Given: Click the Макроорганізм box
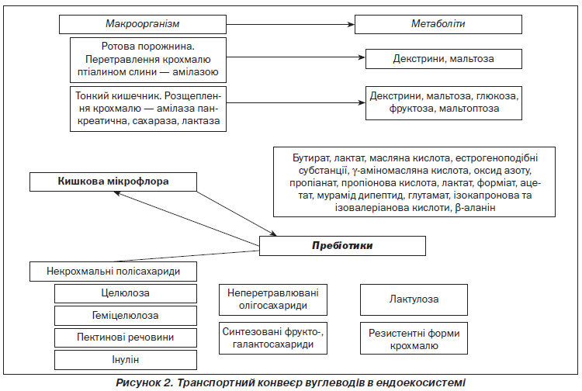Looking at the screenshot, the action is point(143,25).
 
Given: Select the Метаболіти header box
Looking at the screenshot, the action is point(438,25).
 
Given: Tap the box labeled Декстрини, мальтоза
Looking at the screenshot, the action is point(444,59).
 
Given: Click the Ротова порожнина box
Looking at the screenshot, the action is point(148,60).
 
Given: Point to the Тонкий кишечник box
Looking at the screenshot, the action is point(148,109).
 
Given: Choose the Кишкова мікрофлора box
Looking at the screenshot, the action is point(113,182).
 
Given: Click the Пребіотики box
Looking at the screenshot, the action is point(342,246).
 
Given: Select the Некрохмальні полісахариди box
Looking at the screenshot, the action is point(113,272).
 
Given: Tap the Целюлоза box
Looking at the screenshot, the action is point(126,293).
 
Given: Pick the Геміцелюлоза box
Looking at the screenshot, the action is point(126,316).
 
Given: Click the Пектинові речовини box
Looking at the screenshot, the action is point(126,337).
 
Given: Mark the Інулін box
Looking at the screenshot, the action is point(126,360).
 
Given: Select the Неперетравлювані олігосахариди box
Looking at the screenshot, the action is point(273,299).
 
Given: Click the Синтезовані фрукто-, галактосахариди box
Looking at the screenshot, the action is point(273,338).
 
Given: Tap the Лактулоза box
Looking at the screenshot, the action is point(414,299).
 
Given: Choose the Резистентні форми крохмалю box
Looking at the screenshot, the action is point(414,338).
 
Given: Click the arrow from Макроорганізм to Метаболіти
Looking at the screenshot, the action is point(290,25).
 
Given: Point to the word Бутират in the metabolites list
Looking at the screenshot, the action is point(311,158).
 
